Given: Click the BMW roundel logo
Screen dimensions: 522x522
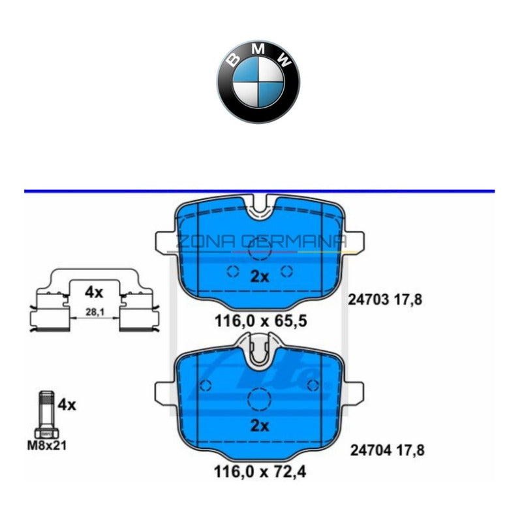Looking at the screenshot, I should [258, 83].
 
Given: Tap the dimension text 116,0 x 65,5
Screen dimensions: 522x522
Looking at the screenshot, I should [261, 321].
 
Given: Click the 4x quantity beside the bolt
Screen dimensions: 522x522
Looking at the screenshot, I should [67, 405].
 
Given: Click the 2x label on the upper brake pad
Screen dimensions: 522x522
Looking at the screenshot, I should [260, 276].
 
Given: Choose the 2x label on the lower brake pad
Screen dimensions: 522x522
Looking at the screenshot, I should [260, 426].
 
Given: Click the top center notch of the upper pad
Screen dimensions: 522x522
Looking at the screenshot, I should [260, 208].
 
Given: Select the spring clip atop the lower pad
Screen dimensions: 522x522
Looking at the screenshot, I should [260, 349].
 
